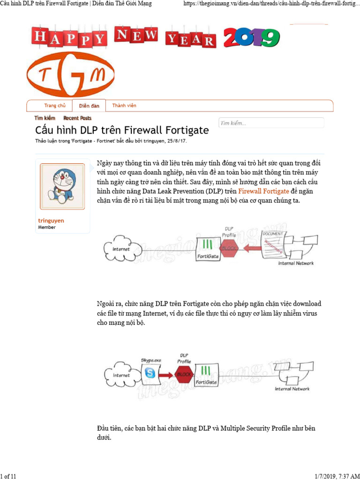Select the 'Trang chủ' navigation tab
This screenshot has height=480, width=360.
click(x=54, y=106)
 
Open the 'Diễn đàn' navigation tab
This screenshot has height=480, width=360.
click(x=89, y=106)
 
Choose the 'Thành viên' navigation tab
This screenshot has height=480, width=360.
click(x=124, y=106)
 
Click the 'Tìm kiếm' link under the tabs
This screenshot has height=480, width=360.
click(x=45, y=118)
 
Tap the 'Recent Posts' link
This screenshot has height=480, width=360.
click(x=77, y=118)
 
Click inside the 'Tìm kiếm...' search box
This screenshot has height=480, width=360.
click(x=271, y=123)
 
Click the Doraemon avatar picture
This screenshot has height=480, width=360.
click(x=62, y=186)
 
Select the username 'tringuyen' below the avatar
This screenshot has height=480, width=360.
click(x=51, y=220)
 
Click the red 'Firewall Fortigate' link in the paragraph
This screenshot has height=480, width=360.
click(x=263, y=191)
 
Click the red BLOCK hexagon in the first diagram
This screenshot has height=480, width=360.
click(x=230, y=248)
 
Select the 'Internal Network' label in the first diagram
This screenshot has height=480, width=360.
click(x=296, y=263)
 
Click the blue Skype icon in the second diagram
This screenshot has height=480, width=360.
click(x=150, y=373)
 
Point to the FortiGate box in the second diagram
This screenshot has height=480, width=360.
click(x=207, y=375)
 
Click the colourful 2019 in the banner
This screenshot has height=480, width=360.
click(x=251, y=37)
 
